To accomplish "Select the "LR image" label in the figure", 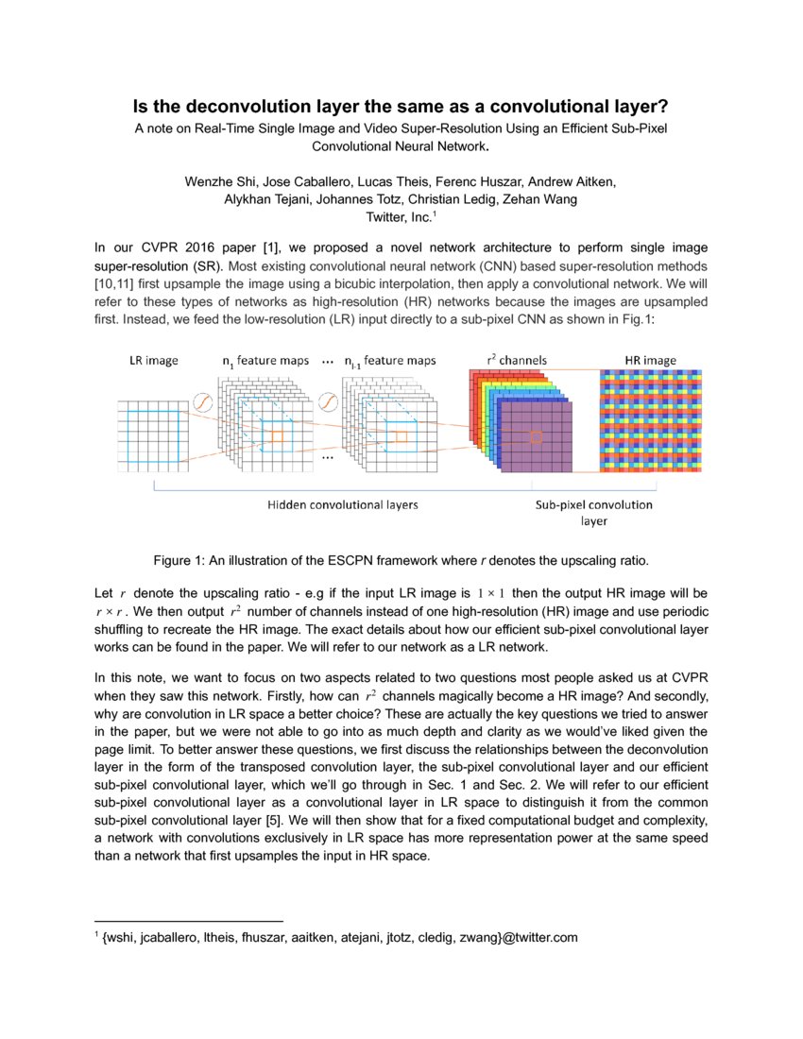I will [x=153, y=361].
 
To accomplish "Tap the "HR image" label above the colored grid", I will [x=650, y=361].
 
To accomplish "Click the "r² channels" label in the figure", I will [x=517, y=361].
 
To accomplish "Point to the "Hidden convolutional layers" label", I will [x=343, y=504].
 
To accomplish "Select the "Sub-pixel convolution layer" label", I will [x=593, y=512].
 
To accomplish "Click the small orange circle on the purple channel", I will [x=535, y=437].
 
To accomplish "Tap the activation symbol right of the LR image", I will [x=200, y=402].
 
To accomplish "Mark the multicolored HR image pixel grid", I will [x=651, y=421].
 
